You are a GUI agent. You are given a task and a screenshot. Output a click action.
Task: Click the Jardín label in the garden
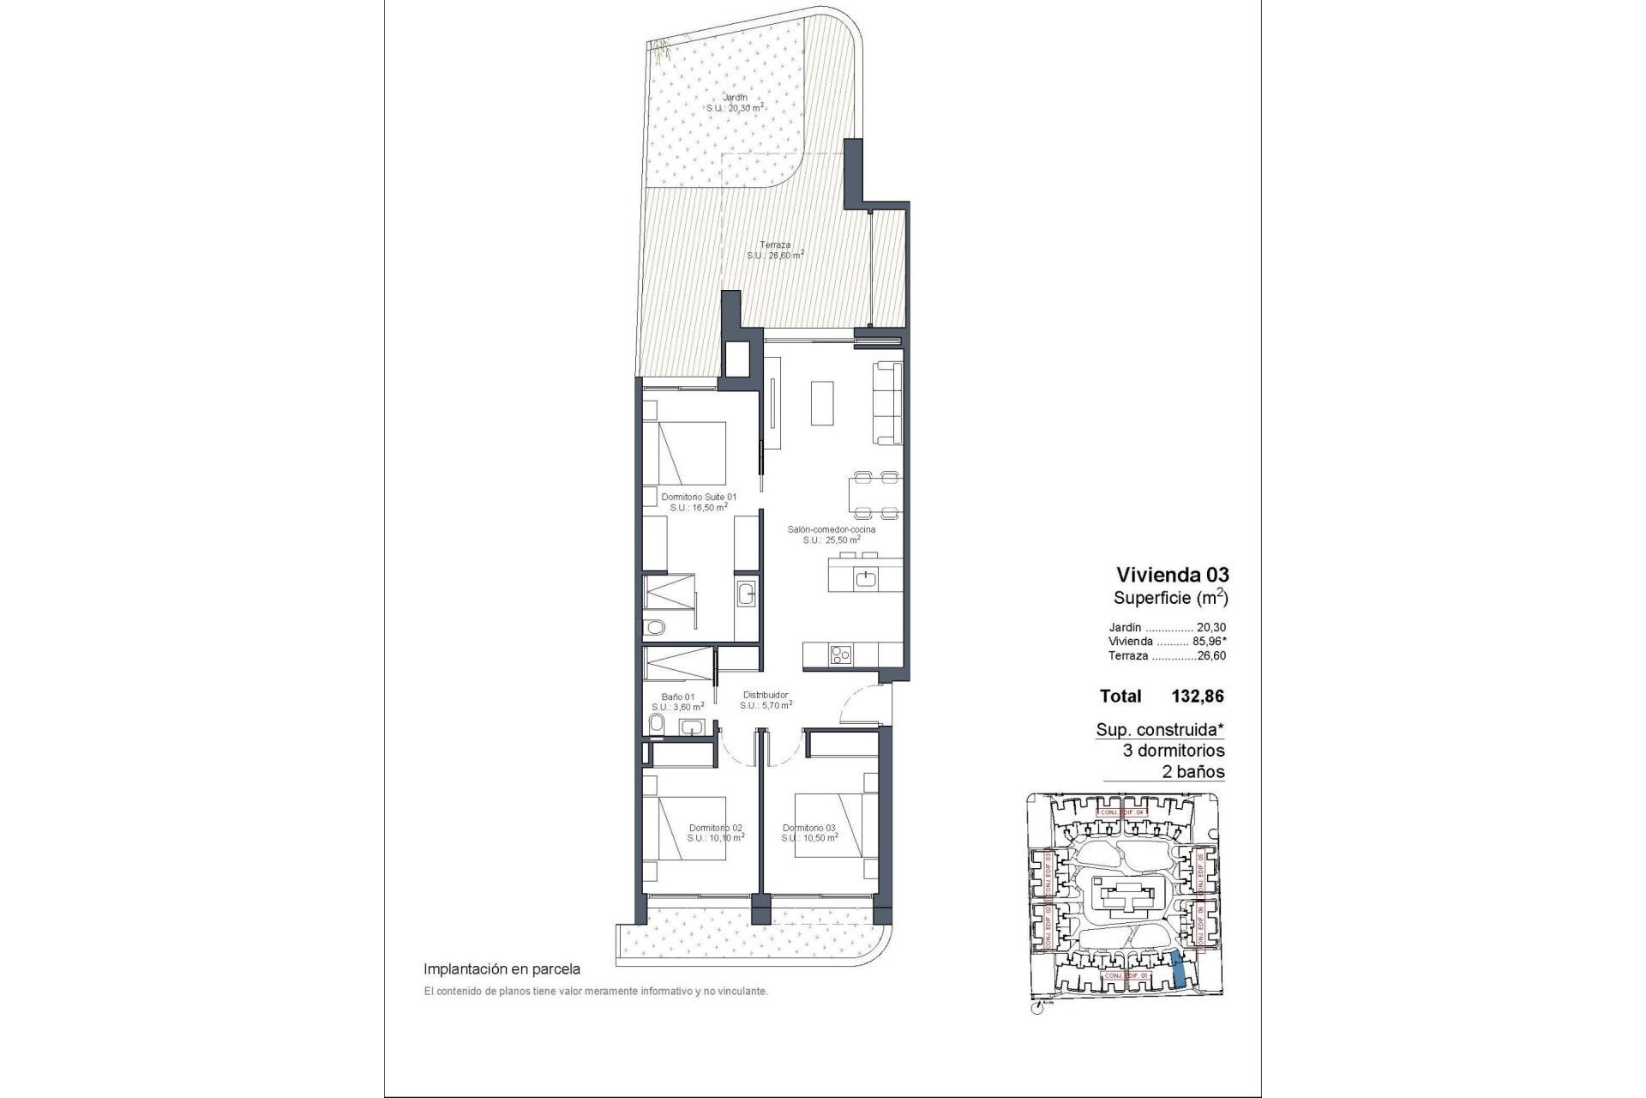click(x=734, y=98)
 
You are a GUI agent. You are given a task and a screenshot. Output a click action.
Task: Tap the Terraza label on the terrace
click(x=774, y=245)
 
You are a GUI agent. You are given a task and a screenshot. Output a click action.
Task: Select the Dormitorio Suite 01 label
click(x=699, y=497)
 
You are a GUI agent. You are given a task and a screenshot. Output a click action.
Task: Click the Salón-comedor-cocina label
click(x=832, y=529)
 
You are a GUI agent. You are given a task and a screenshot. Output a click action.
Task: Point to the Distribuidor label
click(x=766, y=695)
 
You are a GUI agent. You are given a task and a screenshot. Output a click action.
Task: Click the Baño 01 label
click(x=677, y=697)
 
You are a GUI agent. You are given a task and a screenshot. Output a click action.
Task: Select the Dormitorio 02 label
click(x=715, y=828)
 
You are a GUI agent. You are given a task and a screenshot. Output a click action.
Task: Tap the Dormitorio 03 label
click(x=809, y=828)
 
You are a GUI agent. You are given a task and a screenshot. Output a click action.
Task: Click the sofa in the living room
click(x=888, y=403)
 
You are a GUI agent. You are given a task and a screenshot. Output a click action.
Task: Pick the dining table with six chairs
click(x=875, y=496)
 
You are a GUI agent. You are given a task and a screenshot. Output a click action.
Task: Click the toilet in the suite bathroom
click(x=655, y=627)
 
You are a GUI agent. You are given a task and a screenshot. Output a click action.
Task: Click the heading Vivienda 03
click(x=1172, y=575)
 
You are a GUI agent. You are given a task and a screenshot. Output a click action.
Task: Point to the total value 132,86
click(x=1197, y=697)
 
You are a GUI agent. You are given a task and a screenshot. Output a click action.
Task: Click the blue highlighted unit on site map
click(x=1180, y=968)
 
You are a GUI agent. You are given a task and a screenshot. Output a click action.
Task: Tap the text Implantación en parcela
click(x=502, y=969)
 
